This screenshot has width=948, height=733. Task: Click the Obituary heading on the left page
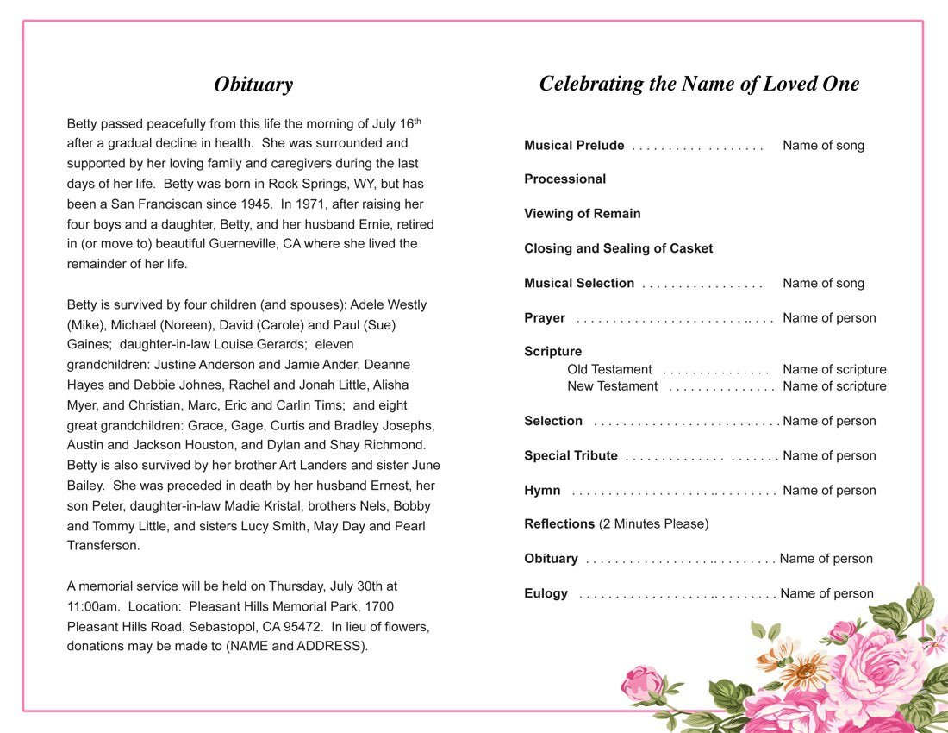pyautogui.click(x=253, y=85)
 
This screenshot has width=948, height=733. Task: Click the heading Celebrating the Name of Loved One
pyautogui.click(x=699, y=84)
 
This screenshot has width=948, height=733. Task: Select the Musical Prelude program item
pyautogui.click(x=574, y=146)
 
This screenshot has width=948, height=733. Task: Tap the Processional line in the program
pyautogui.click(x=564, y=179)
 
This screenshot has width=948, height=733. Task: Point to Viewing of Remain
pyautogui.click(x=582, y=214)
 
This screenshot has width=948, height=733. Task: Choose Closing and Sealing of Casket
pyautogui.click(x=618, y=248)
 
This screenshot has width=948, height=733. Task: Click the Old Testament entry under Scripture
pyautogui.click(x=609, y=370)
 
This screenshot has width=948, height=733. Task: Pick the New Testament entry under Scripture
pyautogui.click(x=612, y=386)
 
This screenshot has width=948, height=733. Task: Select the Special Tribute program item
pyautogui.click(x=571, y=456)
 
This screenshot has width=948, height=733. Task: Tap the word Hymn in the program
pyautogui.click(x=542, y=491)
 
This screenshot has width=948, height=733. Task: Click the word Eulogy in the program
pyautogui.click(x=546, y=594)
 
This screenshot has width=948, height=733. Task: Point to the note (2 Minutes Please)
pyautogui.click(x=653, y=524)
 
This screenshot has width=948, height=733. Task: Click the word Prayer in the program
pyautogui.click(x=545, y=318)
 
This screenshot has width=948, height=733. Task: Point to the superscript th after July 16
pyautogui.click(x=417, y=120)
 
